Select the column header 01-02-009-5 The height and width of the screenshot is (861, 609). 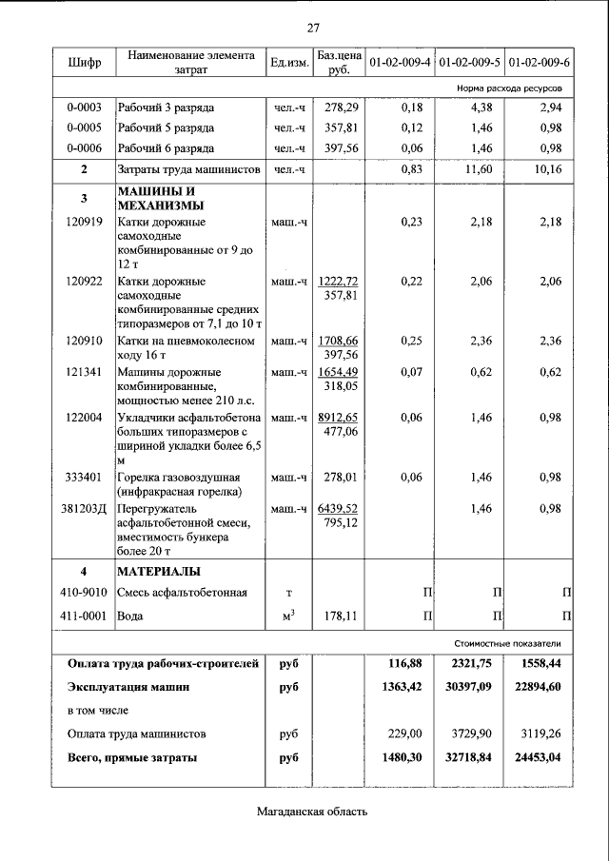[x=469, y=63]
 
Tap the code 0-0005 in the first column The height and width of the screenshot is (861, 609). [x=84, y=127]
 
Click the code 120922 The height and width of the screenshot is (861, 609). [x=84, y=282]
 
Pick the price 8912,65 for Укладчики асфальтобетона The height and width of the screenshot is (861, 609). [x=339, y=417]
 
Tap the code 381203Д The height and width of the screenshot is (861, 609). [x=84, y=509]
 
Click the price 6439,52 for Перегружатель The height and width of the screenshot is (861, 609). [x=339, y=509]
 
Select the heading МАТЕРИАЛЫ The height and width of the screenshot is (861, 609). [x=158, y=572]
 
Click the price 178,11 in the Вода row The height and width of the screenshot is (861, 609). [x=339, y=616]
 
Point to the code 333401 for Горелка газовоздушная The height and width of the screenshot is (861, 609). [x=84, y=478]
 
